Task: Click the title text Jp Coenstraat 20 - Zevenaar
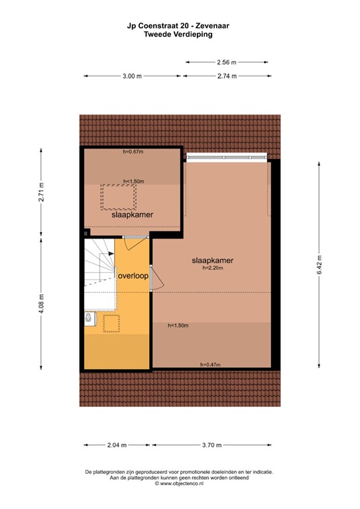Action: [x=179, y=26]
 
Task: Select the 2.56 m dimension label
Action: [x=226, y=62]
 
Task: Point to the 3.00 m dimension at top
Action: [x=132, y=76]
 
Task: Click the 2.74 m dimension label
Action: [x=226, y=76]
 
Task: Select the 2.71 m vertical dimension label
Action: [x=41, y=196]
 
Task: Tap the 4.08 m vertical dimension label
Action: [x=41, y=302]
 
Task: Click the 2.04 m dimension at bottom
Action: [x=116, y=445]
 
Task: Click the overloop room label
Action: [x=133, y=276]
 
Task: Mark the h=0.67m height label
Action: [x=133, y=152]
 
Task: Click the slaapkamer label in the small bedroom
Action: [x=132, y=215]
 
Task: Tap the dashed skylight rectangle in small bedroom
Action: [x=118, y=196]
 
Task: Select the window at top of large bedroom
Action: [x=226, y=158]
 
